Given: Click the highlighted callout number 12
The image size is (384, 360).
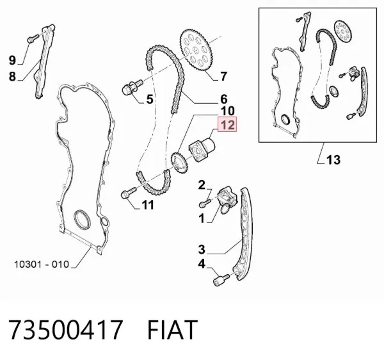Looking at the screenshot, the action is pyautogui.click(x=227, y=124).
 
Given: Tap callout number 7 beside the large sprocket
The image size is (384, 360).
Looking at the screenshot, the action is pyautogui.click(x=223, y=76).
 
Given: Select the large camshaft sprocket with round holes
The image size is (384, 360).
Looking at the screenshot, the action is pyautogui.click(x=196, y=51).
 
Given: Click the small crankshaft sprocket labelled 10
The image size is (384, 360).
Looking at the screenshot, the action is pyautogui.click(x=179, y=163).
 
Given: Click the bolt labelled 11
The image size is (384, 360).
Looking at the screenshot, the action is pyautogui.click(x=129, y=193).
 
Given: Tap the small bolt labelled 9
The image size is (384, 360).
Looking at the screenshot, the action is pyautogui.click(x=33, y=38).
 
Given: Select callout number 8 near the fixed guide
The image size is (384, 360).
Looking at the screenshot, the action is pyautogui.click(x=12, y=76).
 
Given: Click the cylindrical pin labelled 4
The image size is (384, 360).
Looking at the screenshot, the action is pyautogui.click(x=221, y=280).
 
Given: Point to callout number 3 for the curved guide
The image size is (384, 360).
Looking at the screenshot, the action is pyautogui.click(x=202, y=249).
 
